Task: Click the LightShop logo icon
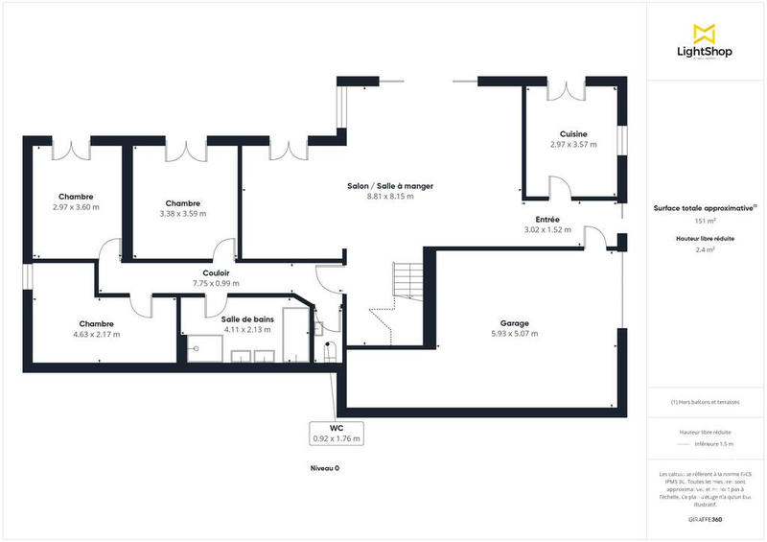(705, 33)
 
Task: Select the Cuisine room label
(573, 134)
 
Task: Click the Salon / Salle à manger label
(389, 186)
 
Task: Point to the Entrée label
(547, 220)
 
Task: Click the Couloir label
(215, 272)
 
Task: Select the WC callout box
(336, 434)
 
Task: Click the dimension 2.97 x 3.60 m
(76, 207)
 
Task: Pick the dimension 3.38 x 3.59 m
(182, 213)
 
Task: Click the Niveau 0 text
(325, 468)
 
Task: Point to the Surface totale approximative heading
(703, 207)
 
